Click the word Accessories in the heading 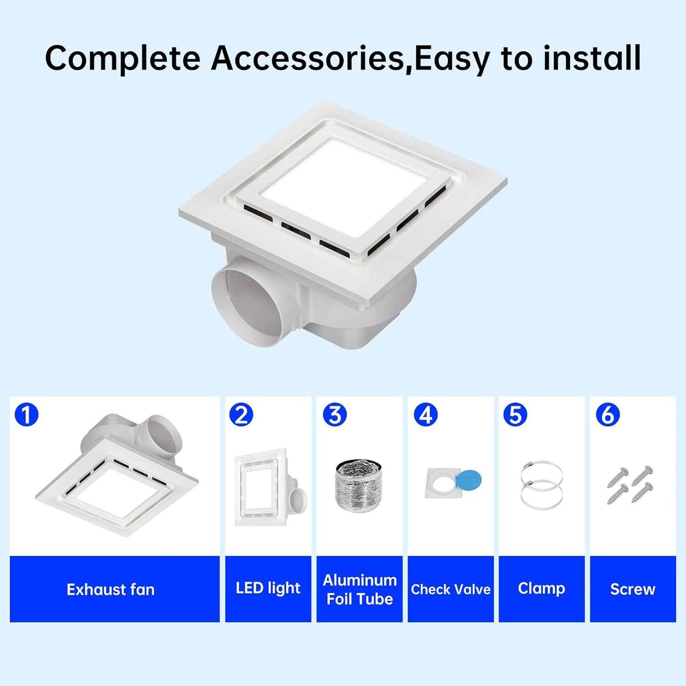pyautogui.click(x=307, y=57)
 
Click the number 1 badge pyautogui.click(x=27, y=415)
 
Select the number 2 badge pyautogui.click(x=241, y=415)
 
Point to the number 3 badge pyautogui.click(x=334, y=415)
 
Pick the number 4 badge pyautogui.click(x=425, y=415)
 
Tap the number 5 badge pyautogui.click(x=516, y=415)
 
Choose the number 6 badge pyautogui.click(x=608, y=415)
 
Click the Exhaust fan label pyautogui.click(x=111, y=590)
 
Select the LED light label pyautogui.click(x=268, y=589)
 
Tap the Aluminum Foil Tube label pyautogui.click(x=359, y=590)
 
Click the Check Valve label pyautogui.click(x=451, y=590)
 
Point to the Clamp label pyautogui.click(x=542, y=589)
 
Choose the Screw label pyautogui.click(x=633, y=590)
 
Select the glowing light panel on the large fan pyautogui.click(x=343, y=188)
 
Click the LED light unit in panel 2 pyautogui.click(x=271, y=488)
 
